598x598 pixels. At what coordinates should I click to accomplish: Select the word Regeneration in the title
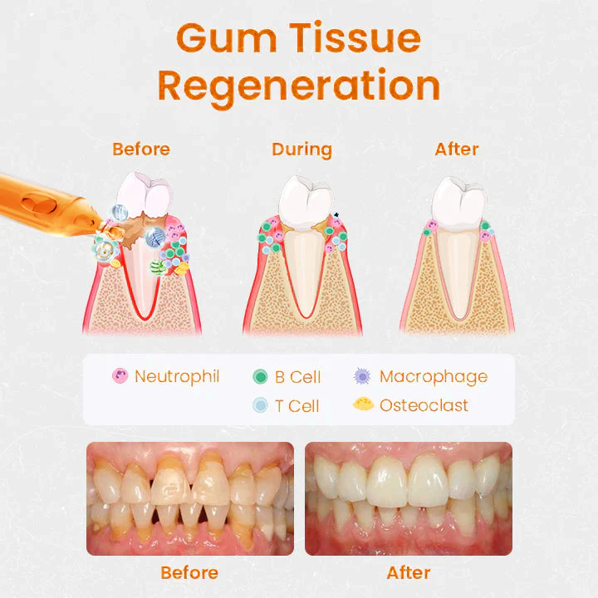(299, 86)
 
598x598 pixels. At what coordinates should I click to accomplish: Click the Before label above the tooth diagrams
(141, 149)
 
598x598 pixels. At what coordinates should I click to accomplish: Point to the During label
(301, 149)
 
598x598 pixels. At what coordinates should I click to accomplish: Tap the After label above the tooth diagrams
(457, 149)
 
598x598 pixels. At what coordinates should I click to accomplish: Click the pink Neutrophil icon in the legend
(120, 376)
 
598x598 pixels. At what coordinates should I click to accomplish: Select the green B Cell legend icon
(260, 377)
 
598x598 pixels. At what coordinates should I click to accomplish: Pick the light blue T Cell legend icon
(260, 406)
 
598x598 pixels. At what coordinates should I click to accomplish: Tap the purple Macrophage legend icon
(362, 376)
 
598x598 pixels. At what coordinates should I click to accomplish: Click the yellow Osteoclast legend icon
(362, 405)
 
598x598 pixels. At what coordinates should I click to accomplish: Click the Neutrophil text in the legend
(177, 376)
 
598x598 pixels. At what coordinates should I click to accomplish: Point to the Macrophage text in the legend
(434, 376)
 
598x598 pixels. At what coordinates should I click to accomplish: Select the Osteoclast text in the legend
(424, 405)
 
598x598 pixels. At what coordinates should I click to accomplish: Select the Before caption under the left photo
(189, 573)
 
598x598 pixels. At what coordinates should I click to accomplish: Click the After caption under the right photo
(409, 573)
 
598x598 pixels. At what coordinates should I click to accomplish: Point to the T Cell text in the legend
(297, 406)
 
